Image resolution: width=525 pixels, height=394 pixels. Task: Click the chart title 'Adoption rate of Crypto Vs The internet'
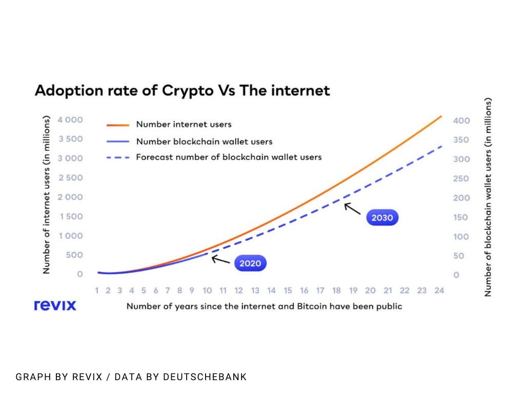tap(182, 91)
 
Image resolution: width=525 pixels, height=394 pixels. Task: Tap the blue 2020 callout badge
tap(251, 264)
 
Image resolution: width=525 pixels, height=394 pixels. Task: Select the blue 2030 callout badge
tap(382, 218)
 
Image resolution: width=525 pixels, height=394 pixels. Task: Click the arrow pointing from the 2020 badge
tap(221, 260)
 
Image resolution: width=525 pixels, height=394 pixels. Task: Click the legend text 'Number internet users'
tap(184, 124)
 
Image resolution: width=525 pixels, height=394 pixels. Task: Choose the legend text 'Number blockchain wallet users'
tap(204, 141)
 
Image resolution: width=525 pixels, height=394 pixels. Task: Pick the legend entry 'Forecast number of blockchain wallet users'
tap(229, 157)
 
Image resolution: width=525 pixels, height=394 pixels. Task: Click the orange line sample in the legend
tap(117, 125)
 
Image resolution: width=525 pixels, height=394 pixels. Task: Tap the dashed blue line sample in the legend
tap(117, 157)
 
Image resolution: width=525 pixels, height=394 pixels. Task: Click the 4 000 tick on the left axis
tap(70, 120)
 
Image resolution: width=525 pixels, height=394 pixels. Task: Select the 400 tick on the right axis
tap(461, 121)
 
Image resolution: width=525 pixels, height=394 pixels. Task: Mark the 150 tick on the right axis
tap(461, 217)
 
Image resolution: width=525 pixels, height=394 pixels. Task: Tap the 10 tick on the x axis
tap(207, 290)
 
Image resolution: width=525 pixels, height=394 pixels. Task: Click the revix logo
tap(55, 305)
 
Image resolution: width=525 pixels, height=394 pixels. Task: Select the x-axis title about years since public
tap(264, 306)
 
